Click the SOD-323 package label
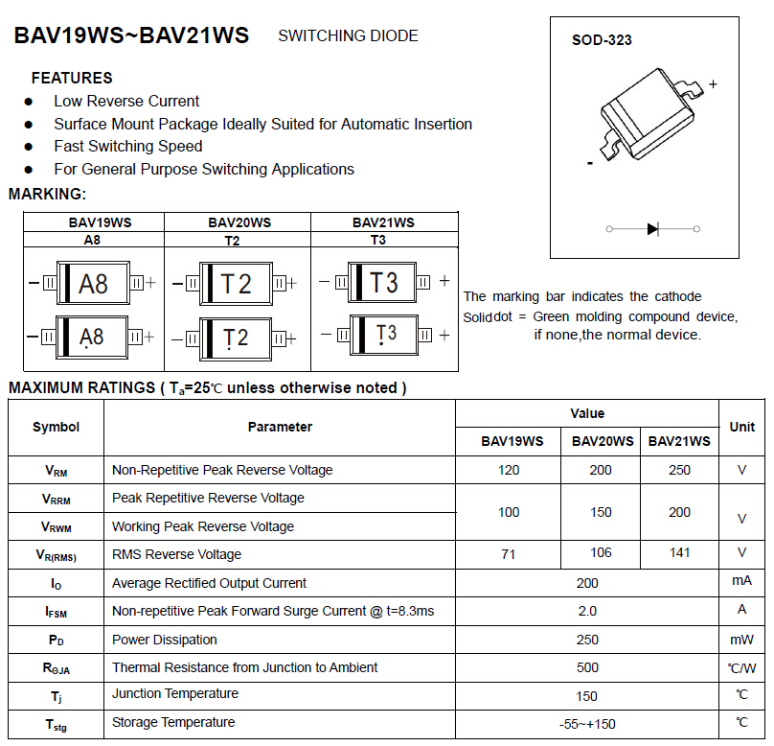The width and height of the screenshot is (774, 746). click(602, 40)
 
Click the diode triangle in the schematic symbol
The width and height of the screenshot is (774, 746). click(652, 229)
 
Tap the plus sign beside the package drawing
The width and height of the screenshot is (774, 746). click(713, 84)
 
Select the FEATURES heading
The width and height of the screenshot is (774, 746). click(72, 78)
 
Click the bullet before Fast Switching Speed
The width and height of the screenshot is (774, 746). click(29, 147)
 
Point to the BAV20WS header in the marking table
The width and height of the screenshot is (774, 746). click(239, 222)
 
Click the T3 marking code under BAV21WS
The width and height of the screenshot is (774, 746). click(378, 240)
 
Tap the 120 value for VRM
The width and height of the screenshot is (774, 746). click(509, 470)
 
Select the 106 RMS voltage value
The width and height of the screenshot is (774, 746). click(601, 553)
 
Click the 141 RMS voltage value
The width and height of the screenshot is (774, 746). click(679, 553)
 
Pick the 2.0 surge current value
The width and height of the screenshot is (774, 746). click(587, 611)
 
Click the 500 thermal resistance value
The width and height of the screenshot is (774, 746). click(587, 668)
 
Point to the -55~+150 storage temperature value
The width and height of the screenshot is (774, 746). click(587, 724)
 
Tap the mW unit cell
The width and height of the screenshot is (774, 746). click(741, 640)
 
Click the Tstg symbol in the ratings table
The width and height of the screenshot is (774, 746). click(56, 725)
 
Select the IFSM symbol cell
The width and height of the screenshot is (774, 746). click(56, 612)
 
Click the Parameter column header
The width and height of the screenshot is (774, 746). click(280, 427)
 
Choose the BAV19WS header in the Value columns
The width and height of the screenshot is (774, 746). click(512, 441)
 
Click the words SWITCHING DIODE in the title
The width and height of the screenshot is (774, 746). click(348, 35)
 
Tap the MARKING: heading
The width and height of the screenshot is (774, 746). click(47, 194)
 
